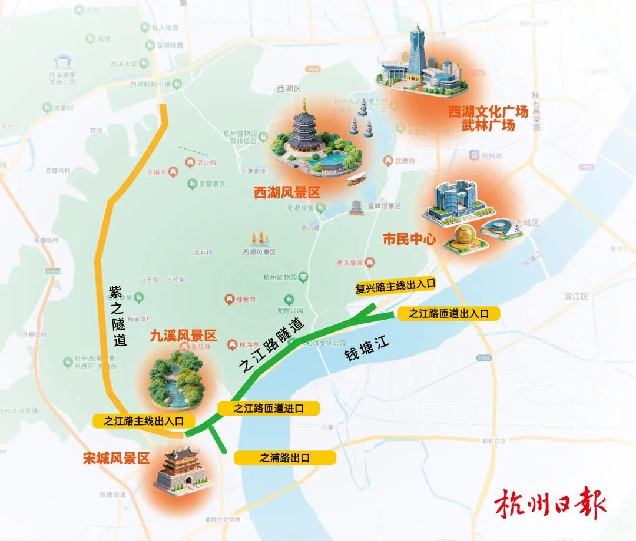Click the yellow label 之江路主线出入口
tap(144, 421)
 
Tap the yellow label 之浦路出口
tap(285, 457)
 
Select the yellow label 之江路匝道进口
tap(269, 409)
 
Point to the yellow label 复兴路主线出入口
tap(395, 286)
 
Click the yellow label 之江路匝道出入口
tap(449, 314)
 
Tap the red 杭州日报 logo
tap(550, 503)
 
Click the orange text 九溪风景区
tap(183, 336)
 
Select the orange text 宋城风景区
tap(117, 459)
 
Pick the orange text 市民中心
tap(409, 239)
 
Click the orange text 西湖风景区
tap(287, 192)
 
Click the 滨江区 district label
tap(575, 296)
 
